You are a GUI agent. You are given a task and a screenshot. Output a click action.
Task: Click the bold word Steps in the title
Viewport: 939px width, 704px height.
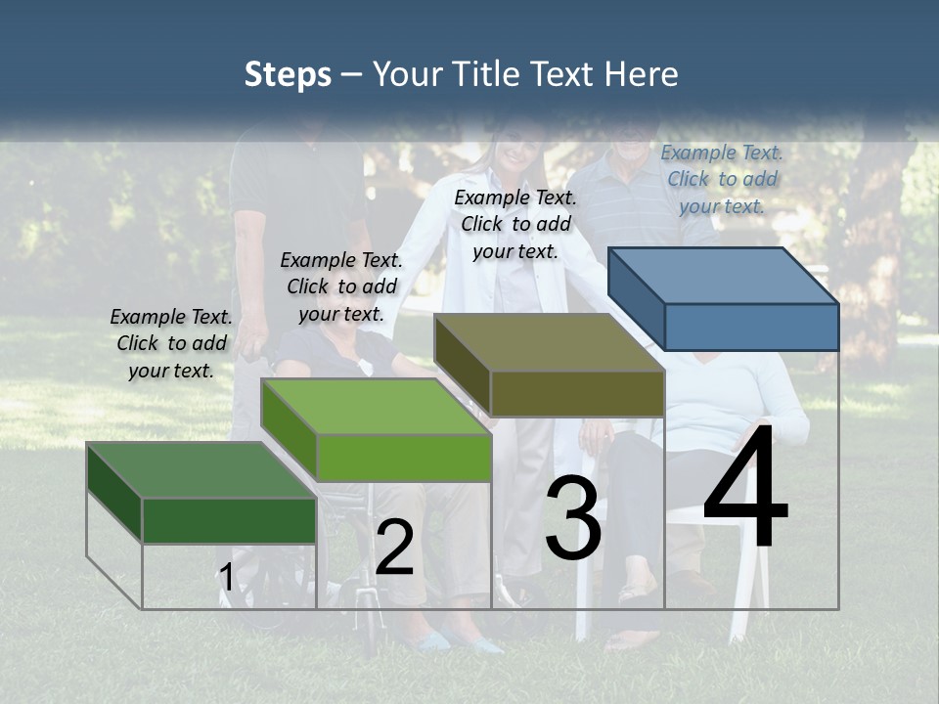point(288,74)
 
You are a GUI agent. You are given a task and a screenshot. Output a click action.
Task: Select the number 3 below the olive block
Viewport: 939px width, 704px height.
point(573,521)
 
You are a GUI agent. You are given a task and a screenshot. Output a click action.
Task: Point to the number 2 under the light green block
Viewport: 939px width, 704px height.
point(395,549)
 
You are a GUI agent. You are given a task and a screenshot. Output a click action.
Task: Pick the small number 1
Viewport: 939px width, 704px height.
point(226,577)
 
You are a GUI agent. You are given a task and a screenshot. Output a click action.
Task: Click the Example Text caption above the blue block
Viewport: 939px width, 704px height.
point(722,179)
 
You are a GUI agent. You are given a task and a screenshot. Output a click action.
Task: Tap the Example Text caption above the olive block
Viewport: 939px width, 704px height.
point(515,224)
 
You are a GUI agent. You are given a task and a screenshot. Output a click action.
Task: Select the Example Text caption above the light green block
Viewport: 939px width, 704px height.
point(341,286)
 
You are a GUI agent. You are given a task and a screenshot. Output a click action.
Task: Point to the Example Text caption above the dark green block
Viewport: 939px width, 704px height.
point(171,343)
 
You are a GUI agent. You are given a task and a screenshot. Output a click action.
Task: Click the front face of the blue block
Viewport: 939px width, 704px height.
point(751,327)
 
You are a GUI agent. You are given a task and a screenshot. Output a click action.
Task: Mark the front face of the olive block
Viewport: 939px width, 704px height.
point(577,394)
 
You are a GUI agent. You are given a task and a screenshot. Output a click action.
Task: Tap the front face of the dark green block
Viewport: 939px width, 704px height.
point(229,520)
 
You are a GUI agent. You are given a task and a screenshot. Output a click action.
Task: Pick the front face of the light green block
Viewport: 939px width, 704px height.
point(404,458)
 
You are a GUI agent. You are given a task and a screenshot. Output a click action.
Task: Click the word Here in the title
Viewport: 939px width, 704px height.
point(643,74)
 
